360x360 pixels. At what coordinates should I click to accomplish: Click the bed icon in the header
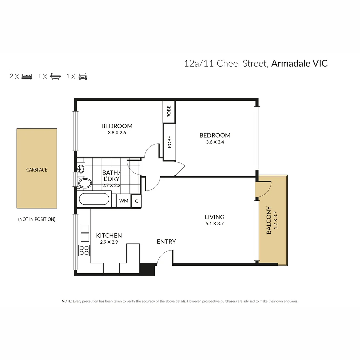(x=27, y=77)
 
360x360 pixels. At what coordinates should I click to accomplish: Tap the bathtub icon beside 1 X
(x=55, y=77)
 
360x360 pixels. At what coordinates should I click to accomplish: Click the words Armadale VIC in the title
(x=299, y=63)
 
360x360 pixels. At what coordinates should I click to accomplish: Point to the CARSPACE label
(x=37, y=170)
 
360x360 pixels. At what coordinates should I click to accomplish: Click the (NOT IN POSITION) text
(x=37, y=219)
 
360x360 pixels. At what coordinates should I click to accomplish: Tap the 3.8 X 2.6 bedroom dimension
(x=117, y=132)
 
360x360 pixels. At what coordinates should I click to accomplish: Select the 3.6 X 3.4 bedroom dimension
(x=215, y=142)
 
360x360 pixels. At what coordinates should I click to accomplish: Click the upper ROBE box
(x=169, y=111)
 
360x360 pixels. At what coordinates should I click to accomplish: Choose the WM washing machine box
(x=124, y=201)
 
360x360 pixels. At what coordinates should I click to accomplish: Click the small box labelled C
(x=136, y=201)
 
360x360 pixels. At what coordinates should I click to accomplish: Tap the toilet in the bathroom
(x=85, y=183)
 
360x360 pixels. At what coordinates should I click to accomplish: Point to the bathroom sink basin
(x=81, y=169)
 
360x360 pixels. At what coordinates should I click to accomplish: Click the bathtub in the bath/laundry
(x=94, y=199)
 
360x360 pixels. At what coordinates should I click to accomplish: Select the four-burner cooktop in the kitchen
(x=84, y=250)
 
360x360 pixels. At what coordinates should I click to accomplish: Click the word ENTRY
(x=166, y=242)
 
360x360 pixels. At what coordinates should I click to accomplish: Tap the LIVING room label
(x=214, y=217)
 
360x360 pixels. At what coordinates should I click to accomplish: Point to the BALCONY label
(x=269, y=220)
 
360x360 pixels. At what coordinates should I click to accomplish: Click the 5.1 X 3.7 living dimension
(x=214, y=224)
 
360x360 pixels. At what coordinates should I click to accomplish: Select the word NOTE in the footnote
(x=67, y=301)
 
